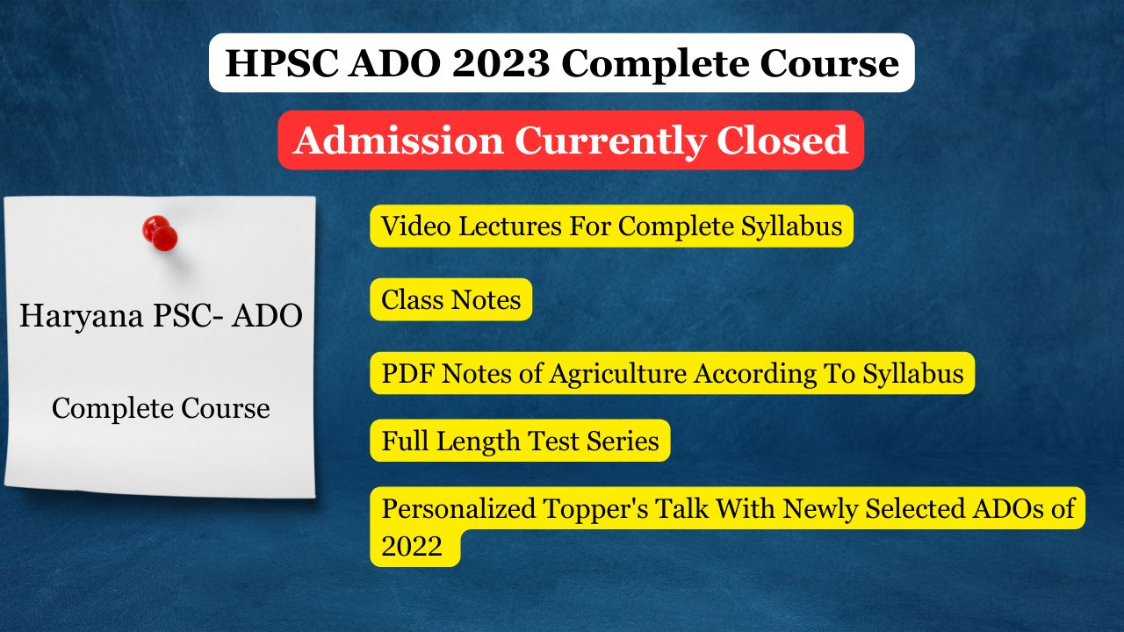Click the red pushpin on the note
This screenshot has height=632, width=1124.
[160, 233]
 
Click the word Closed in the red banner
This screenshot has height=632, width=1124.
[782, 140]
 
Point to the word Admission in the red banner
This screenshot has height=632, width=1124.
[399, 140]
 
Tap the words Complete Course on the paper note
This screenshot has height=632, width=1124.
[161, 409]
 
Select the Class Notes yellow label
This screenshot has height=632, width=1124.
[451, 299]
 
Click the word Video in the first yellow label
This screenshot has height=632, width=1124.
[415, 226]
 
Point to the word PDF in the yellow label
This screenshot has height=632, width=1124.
[407, 374]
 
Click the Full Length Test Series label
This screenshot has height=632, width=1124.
[521, 441]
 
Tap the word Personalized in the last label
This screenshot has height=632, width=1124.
[458, 508]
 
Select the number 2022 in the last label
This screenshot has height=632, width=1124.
[412, 546]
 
